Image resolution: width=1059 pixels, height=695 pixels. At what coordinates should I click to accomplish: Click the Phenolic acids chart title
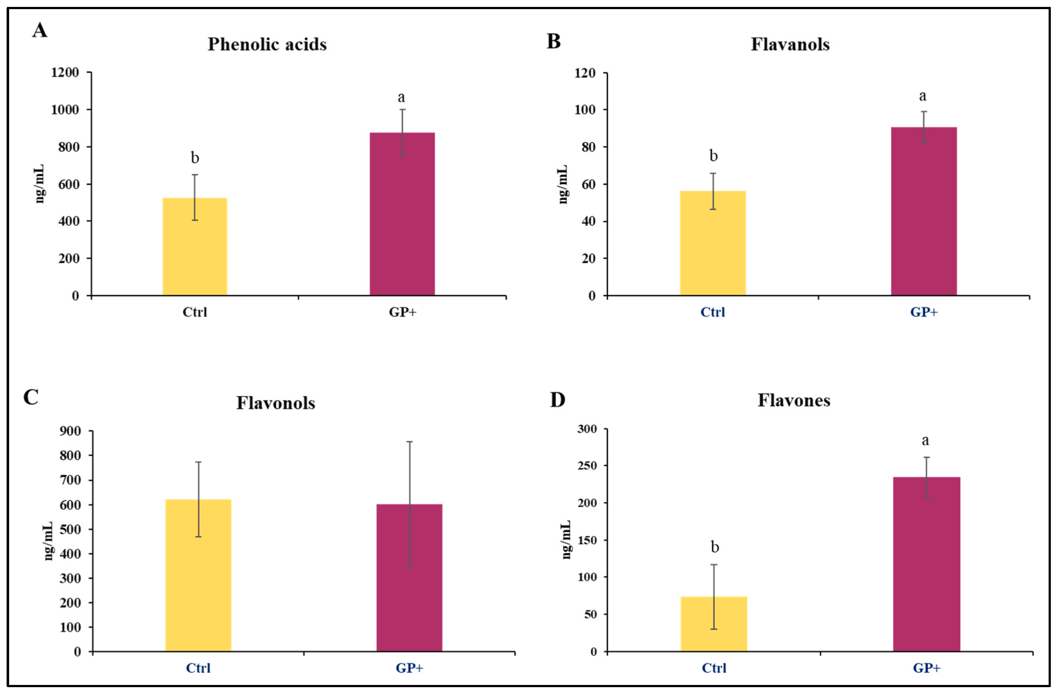click(x=267, y=45)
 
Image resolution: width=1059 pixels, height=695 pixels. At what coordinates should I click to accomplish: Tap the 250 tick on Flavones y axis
click(x=587, y=466)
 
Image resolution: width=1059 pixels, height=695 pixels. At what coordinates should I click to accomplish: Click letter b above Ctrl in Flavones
click(x=715, y=547)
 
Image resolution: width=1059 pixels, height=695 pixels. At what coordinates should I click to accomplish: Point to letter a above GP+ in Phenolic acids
click(x=401, y=97)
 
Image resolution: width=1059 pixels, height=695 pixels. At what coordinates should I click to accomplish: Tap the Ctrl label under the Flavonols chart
click(x=198, y=668)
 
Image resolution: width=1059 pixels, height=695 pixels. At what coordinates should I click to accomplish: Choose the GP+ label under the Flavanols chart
click(x=924, y=312)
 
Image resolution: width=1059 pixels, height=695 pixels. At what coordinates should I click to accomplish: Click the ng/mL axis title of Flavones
click(x=566, y=539)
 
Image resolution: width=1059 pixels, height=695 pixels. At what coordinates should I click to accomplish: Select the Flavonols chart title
click(x=275, y=403)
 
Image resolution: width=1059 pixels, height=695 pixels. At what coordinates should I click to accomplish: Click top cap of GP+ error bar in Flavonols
click(x=409, y=442)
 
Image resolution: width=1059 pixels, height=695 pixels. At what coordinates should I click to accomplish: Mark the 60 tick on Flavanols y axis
click(x=588, y=184)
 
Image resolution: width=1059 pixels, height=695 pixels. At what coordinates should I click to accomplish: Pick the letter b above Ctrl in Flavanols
click(x=713, y=156)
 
